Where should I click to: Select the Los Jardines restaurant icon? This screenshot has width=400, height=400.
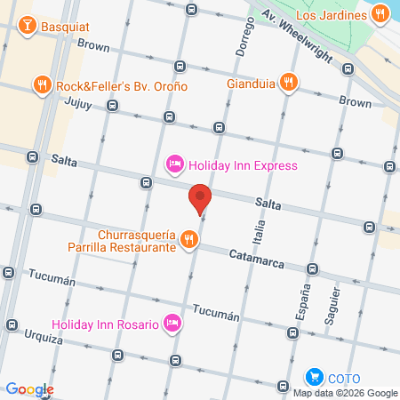click(x=380, y=13)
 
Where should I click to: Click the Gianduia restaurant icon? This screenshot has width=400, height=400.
click(x=287, y=84)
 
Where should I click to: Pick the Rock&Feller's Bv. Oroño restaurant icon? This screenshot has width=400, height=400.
click(x=42, y=85)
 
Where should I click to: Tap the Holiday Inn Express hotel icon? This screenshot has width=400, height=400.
click(x=175, y=164)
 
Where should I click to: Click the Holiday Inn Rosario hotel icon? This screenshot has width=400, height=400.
click(x=172, y=323)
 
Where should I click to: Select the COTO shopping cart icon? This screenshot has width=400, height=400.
click(x=314, y=377)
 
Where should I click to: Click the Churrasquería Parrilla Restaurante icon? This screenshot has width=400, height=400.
click(x=188, y=239)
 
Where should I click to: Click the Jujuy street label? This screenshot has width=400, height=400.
click(x=78, y=102)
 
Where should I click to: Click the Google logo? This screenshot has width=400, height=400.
click(x=29, y=388)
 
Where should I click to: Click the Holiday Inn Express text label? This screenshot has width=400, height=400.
click(x=241, y=165)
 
